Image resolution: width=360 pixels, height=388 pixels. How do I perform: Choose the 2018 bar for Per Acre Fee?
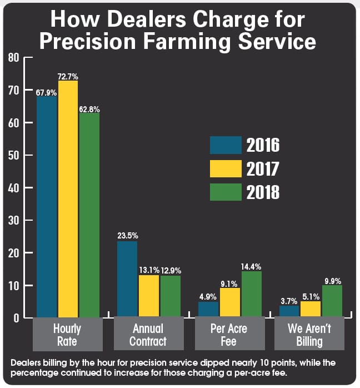251,295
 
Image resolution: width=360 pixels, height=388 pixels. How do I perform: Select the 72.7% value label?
68,76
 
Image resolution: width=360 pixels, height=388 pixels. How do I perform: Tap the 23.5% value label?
127,236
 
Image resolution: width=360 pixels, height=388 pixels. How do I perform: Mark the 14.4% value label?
251,266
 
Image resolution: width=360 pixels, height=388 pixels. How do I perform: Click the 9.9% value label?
332,280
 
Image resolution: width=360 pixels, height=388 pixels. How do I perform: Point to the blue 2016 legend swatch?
226,145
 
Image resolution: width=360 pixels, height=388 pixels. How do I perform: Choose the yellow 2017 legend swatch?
226,168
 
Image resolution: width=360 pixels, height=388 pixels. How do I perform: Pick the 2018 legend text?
263,192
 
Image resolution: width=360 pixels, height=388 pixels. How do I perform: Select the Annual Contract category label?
148,335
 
